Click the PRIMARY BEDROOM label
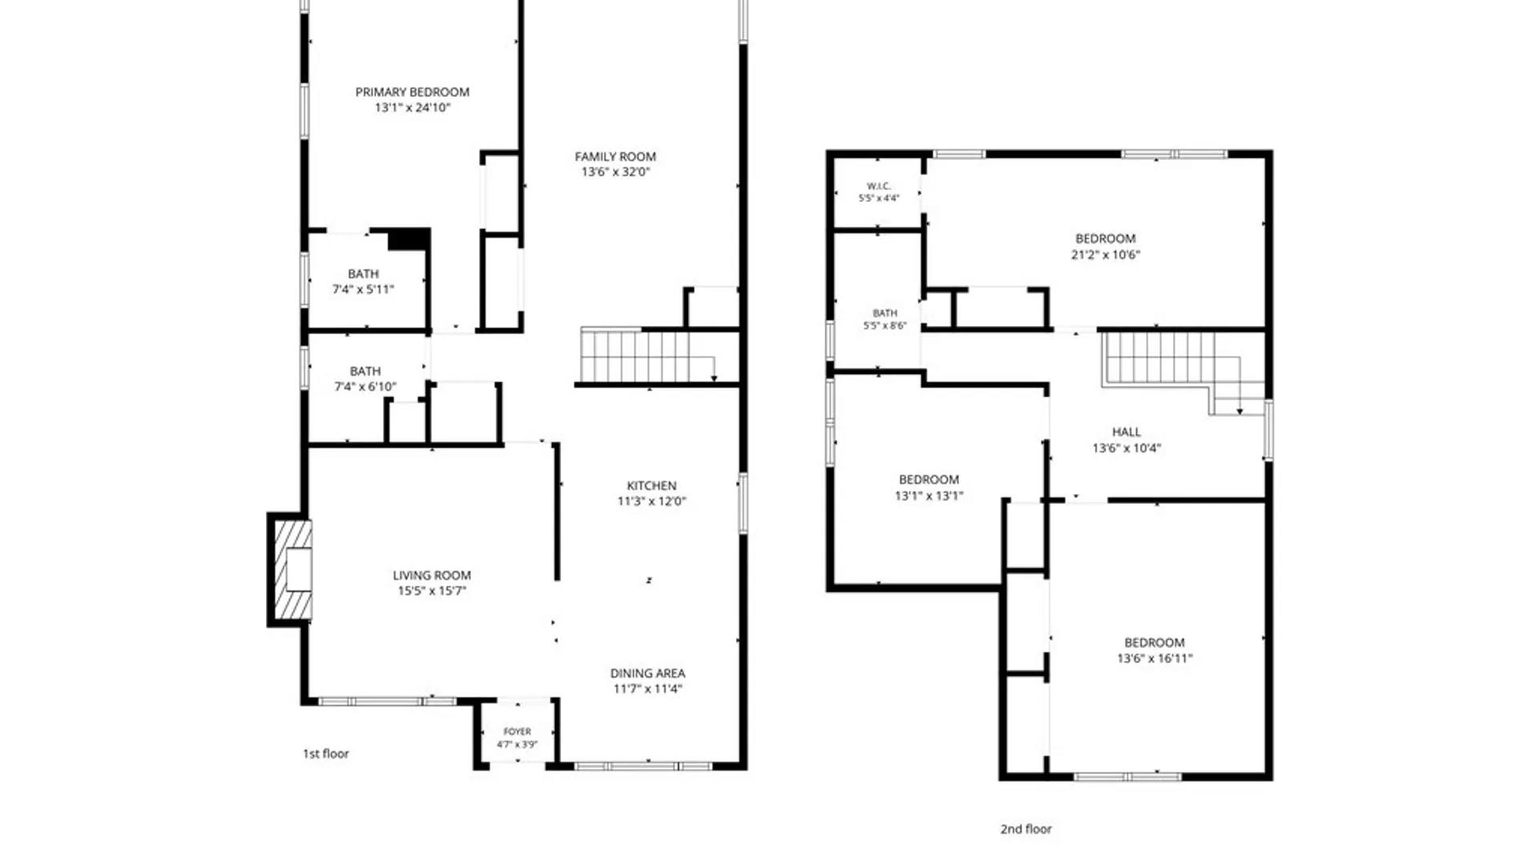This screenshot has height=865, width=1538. (413, 92)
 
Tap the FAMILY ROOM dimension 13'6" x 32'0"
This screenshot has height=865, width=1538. (615, 172)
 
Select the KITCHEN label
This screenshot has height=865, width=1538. (651, 485)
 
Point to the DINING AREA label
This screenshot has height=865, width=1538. (647, 674)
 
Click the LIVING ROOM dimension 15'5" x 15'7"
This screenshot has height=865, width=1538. (432, 591)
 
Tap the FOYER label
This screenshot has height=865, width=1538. (517, 731)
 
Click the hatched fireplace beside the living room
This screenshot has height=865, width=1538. (292, 569)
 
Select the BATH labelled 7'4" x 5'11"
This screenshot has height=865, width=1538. (364, 274)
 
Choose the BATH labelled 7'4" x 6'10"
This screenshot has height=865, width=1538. (365, 372)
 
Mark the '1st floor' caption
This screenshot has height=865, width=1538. (326, 754)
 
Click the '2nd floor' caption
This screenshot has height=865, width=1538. (1026, 829)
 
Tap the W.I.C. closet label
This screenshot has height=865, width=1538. (879, 186)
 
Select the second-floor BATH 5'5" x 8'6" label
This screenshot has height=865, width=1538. (885, 313)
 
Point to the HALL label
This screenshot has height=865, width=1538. (1126, 432)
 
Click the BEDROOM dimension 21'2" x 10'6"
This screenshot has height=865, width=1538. (1105, 255)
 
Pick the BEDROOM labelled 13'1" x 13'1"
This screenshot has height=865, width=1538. (929, 480)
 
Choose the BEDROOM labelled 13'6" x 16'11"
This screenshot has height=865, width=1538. (1154, 642)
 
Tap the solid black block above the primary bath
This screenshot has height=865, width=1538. (408, 239)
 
